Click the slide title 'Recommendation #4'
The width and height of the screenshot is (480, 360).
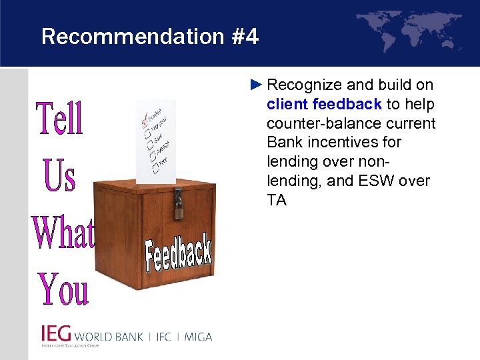(149, 37)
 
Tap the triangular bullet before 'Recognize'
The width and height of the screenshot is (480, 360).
(257, 85)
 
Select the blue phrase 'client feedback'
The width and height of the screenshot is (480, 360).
(324, 104)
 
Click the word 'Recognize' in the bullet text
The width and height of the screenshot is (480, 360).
(300, 85)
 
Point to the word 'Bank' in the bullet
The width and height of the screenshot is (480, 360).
(286, 142)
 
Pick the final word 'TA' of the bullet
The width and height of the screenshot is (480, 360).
(276, 200)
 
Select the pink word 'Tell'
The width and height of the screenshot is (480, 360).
(60, 119)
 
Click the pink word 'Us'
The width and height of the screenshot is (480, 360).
(60, 175)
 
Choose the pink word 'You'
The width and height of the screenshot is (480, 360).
(63, 289)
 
